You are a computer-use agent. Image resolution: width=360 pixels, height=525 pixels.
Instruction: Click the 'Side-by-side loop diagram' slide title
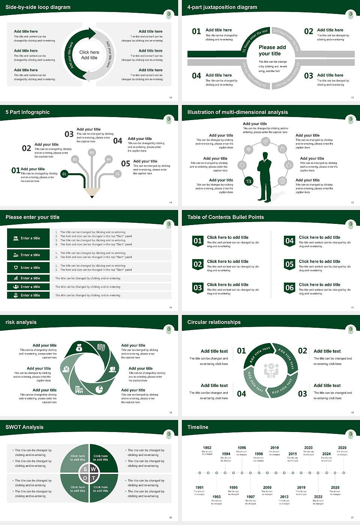tap(38, 7)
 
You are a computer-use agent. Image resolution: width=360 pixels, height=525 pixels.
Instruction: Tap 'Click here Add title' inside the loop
tap(89, 55)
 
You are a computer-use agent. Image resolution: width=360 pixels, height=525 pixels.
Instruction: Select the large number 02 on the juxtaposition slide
tap(308, 31)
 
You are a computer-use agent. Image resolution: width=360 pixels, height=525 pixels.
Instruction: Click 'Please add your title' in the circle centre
tap(272, 50)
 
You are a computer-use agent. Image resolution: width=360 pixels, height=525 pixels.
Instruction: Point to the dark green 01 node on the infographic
tap(64, 174)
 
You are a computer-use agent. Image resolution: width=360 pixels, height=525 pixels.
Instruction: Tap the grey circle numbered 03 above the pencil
tap(91, 153)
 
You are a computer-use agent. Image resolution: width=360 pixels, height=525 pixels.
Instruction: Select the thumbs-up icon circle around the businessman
tap(288, 165)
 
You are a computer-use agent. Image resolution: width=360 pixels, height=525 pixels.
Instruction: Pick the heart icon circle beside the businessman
tap(242, 165)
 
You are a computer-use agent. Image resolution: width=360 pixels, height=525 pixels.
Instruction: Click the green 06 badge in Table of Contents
tap(289, 288)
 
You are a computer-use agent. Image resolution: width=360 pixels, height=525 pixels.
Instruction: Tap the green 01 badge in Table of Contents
tap(198, 241)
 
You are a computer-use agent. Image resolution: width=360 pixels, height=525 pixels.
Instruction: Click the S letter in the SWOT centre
tap(85, 469)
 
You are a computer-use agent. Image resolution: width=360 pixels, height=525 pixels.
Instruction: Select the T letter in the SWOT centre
tap(93, 478)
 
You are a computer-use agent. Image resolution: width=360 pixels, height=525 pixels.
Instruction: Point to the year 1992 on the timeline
tap(207, 447)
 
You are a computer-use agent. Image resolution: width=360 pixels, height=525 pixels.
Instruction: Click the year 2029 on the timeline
tap(342, 447)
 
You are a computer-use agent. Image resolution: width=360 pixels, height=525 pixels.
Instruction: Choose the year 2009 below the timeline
tap(267, 487)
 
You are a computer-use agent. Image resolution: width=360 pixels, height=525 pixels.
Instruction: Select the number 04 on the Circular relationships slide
tap(241, 394)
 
